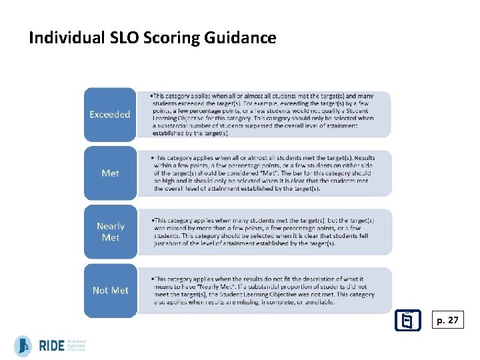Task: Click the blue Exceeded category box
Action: [110, 114]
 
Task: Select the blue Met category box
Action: [110, 173]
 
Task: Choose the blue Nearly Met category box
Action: [110, 231]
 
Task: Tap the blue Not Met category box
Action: [110, 290]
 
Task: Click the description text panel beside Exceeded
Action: [263, 114]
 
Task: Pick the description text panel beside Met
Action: [263, 173]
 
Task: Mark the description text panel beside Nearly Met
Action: [263, 231]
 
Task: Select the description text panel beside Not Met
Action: [263, 290]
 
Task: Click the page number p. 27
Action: [447, 321]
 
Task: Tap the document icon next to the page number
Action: [406, 321]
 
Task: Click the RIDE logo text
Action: [51, 345]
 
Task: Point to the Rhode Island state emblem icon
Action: [23, 345]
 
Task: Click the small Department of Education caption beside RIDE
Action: [76, 345]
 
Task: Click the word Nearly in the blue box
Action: [110, 226]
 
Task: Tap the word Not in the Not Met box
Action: [101, 290]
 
